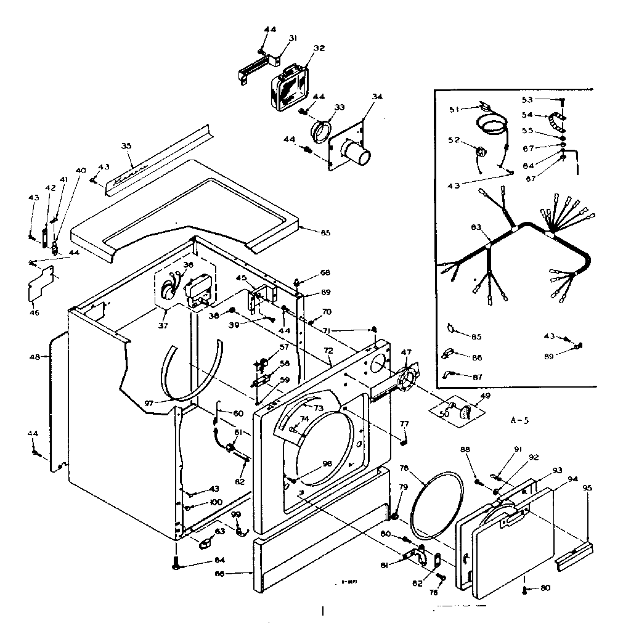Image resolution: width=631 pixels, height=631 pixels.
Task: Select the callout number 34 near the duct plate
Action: click(377, 96)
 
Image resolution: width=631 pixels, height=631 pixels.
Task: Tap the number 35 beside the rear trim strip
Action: click(126, 146)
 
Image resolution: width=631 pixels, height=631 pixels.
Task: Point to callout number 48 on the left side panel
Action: click(35, 357)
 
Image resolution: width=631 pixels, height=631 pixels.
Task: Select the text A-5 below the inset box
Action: click(520, 421)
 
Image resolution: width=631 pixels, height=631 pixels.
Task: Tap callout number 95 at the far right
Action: click(587, 488)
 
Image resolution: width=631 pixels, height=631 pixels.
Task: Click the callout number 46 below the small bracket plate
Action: click(35, 312)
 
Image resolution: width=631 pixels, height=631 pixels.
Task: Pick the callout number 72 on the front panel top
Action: click(328, 350)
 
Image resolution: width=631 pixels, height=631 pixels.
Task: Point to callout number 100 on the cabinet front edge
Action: click(215, 502)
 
